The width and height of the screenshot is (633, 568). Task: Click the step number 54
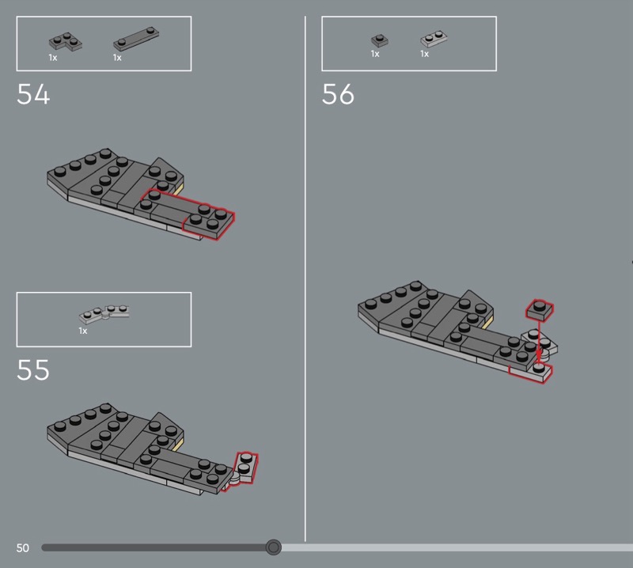pyautogui.click(x=33, y=94)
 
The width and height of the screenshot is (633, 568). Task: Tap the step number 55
pyautogui.click(x=33, y=369)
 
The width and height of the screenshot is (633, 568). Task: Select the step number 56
pyautogui.click(x=338, y=94)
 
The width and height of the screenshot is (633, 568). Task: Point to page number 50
pyautogui.click(x=23, y=547)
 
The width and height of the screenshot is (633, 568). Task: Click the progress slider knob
pyautogui.click(x=273, y=547)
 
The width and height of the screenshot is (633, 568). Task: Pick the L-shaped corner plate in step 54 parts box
pyautogui.click(x=66, y=42)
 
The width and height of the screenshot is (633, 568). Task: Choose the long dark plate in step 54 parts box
pyautogui.click(x=136, y=39)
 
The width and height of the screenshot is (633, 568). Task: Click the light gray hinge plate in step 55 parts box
pyautogui.click(x=104, y=314)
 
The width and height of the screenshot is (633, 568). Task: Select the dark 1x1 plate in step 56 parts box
pyautogui.click(x=380, y=40)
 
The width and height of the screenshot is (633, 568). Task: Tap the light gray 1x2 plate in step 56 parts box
pyautogui.click(x=434, y=39)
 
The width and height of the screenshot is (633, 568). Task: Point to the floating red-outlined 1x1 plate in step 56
pyautogui.click(x=540, y=310)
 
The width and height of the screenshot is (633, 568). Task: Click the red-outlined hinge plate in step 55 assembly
pyautogui.click(x=244, y=469)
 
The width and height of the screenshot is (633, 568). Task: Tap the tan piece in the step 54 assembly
pyautogui.click(x=179, y=189)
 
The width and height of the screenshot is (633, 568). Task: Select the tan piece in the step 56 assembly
pyautogui.click(x=487, y=323)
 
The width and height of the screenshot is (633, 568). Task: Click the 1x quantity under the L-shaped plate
pyautogui.click(x=53, y=58)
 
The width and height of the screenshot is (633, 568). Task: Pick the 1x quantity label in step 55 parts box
pyautogui.click(x=83, y=331)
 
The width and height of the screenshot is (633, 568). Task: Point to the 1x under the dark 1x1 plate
pyautogui.click(x=375, y=54)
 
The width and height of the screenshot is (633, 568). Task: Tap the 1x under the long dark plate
pyautogui.click(x=117, y=58)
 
